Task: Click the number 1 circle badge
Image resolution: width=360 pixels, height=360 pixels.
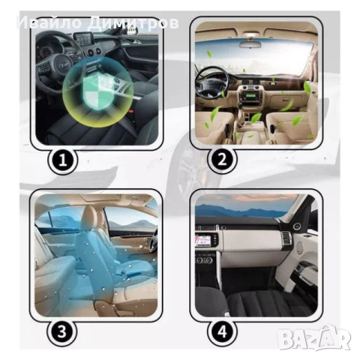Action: click(62, 160)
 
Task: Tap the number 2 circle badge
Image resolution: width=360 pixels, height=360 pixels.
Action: click(222, 160)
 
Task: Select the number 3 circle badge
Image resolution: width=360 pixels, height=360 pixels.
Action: click(62, 331)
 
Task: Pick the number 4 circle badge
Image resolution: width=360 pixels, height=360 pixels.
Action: click(222, 331)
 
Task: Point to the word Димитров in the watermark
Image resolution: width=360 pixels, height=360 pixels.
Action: click(133, 23)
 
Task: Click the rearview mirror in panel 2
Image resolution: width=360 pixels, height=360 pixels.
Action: click(250, 44)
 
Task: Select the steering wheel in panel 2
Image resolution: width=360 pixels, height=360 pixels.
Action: click(211, 85)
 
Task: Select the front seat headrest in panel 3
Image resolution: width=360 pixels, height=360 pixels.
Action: click(89, 218)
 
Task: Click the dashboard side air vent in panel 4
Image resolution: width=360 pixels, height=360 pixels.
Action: click(286, 240)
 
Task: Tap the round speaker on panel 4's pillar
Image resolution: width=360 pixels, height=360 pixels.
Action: click(298, 226)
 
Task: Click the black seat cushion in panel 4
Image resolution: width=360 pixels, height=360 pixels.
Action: click(260, 302)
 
